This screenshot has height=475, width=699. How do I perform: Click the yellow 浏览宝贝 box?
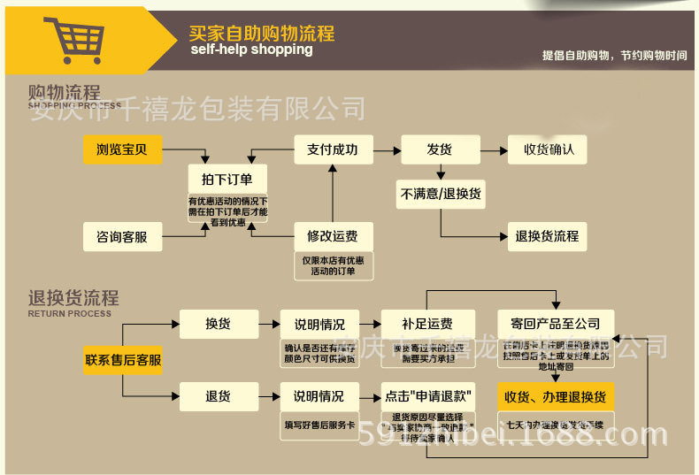point(122,149)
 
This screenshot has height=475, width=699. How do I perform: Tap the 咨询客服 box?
point(122,236)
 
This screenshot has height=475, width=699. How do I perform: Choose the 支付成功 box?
point(333,149)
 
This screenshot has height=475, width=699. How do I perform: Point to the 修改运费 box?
point(333,236)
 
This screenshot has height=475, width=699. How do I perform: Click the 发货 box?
point(440,149)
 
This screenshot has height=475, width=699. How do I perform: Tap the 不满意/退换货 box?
point(441,194)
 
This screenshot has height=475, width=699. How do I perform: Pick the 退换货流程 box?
point(547,236)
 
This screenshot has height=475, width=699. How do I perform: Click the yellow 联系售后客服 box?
point(123,360)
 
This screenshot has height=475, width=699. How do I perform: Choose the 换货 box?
point(219,324)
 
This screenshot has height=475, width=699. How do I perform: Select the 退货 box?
point(219,396)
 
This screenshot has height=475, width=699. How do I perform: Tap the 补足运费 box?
point(427,324)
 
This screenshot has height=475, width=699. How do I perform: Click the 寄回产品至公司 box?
point(556,324)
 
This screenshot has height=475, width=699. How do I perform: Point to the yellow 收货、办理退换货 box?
point(556,396)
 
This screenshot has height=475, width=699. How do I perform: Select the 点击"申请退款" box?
point(427,396)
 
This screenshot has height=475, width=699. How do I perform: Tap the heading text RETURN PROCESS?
point(70,313)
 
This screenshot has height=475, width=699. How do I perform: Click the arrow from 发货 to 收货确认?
point(494,149)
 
